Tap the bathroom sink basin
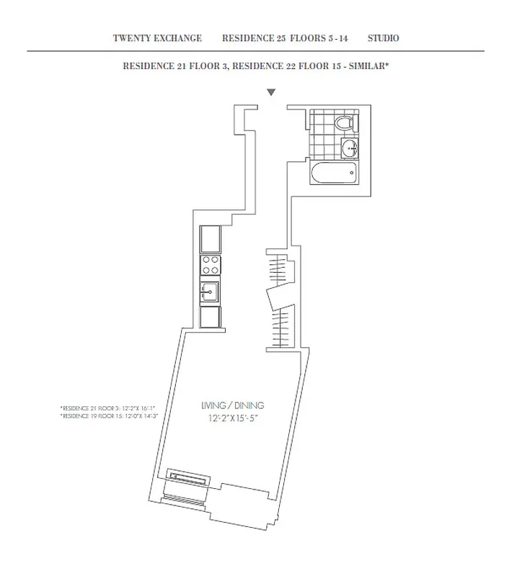[x=349, y=150]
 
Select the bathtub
[x=333, y=173]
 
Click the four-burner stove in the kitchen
[x=210, y=265]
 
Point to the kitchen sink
[x=210, y=292]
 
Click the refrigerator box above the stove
[x=210, y=238]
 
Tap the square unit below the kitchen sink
[x=210, y=318]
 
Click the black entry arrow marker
[x=271, y=92]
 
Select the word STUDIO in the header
[x=383, y=38]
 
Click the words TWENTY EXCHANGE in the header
[x=157, y=38]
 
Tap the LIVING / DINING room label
[x=230, y=405]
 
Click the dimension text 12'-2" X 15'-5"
[x=230, y=418]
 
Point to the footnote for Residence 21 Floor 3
[x=107, y=408]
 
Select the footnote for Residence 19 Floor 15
[x=107, y=416]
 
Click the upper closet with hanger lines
[x=278, y=269]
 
